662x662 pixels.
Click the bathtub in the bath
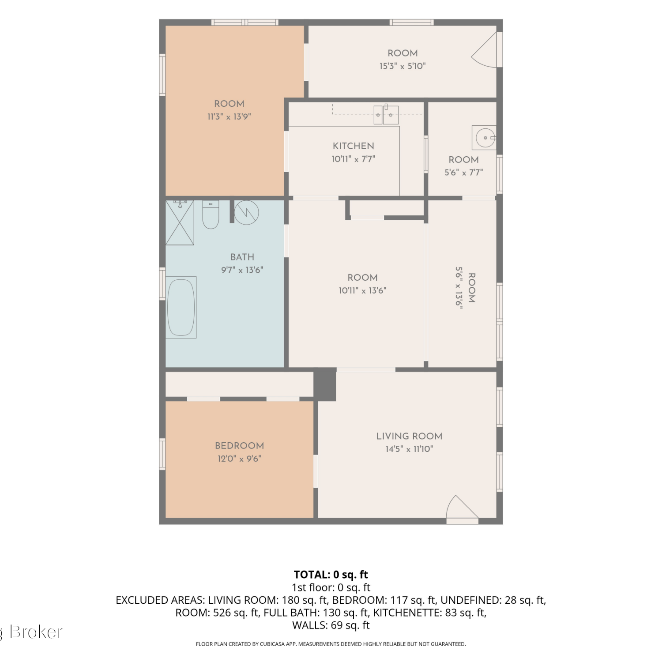tap(181, 307)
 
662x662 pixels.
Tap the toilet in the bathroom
tap(211, 214)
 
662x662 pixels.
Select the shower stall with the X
tap(180, 222)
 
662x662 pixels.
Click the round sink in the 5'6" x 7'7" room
tap(484, 138)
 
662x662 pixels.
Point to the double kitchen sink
tap(386, 114)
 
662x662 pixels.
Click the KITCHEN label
tap(354, 146)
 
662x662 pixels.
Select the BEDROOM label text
tap(239, 446)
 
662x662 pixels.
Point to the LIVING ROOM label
tap(409, 436)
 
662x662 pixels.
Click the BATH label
tap(242, 257)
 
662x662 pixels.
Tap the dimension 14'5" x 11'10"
tap(409, 449)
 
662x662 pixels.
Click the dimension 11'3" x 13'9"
tap(229, 117)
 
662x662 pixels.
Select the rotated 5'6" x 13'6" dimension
tap(459, 288)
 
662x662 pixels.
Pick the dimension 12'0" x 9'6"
tap(239, 459)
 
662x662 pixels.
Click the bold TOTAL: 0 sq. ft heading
tap(331, 575)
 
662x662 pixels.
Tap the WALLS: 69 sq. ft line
tap(331, 625)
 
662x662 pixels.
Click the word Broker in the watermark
tap(36, 632)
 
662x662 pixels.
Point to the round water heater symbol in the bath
tap(246, 213)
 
